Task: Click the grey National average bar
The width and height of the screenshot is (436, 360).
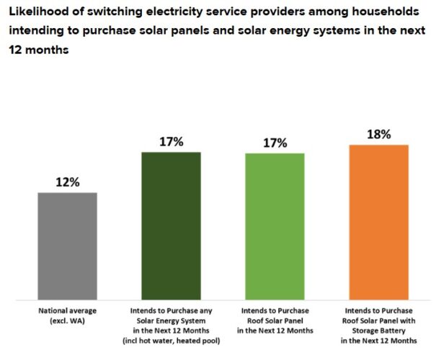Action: [67, 246]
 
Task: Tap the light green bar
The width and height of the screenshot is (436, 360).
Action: [275, 226]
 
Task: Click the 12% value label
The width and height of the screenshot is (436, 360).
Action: [67, 182]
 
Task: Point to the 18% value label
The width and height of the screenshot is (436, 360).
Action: [378, 134]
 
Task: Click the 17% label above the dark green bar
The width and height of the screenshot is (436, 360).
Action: [171, 142]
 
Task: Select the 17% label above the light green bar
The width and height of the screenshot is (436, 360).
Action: [275, 143]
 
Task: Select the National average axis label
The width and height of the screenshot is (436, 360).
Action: [67, 311]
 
